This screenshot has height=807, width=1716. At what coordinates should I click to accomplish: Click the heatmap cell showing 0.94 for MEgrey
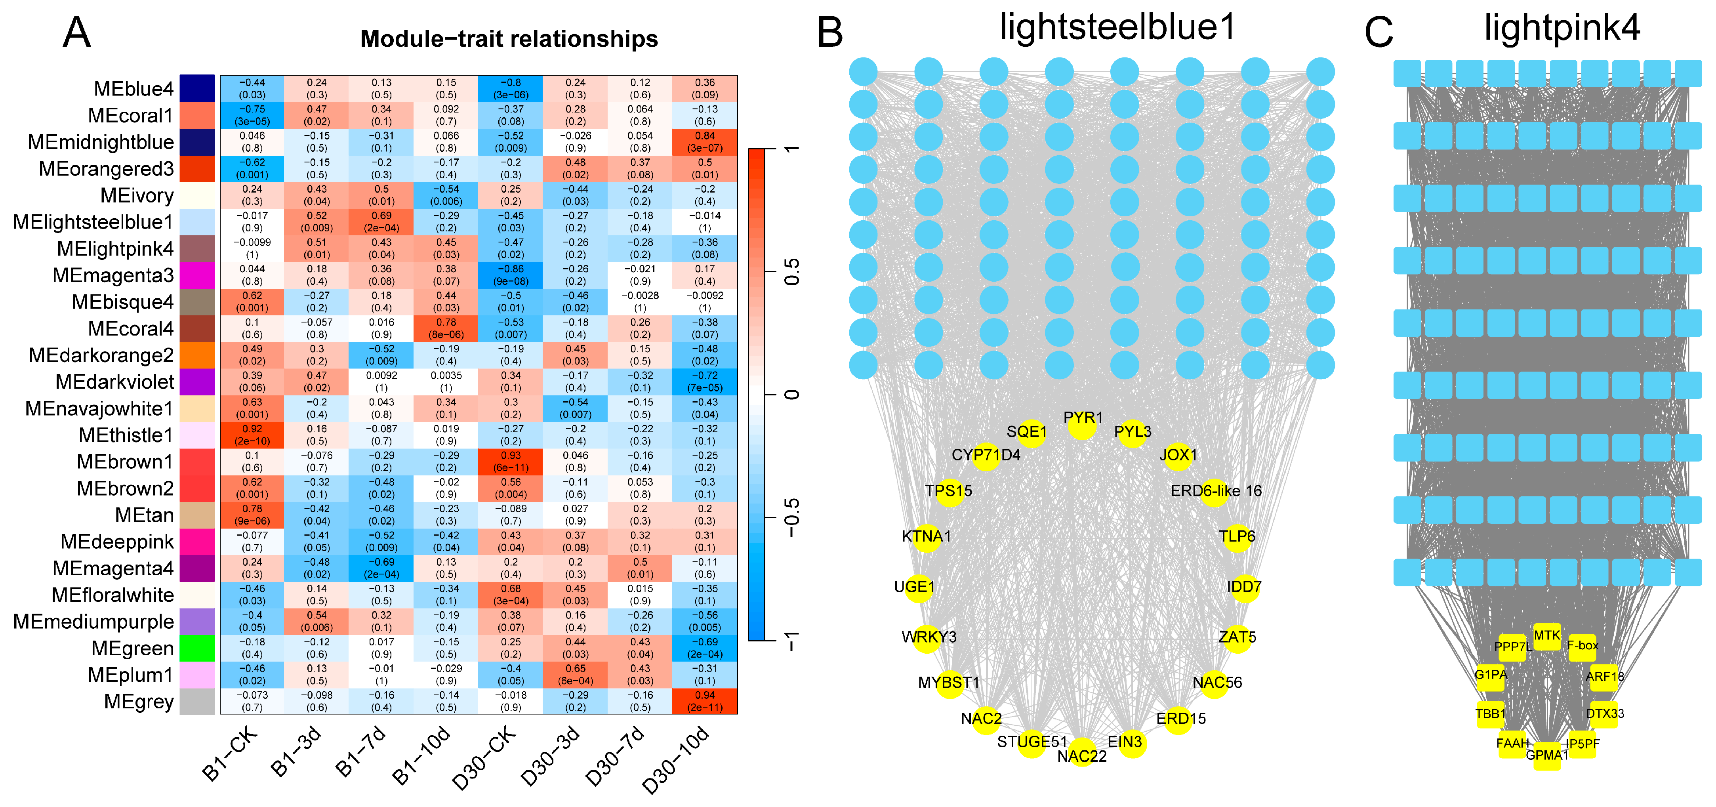pos(704,701)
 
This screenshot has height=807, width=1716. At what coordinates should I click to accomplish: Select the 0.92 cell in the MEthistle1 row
pos(252,435)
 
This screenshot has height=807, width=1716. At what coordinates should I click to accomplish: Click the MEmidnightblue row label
pos(101,142)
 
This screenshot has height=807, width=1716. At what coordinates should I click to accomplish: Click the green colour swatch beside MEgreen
pos(197,648)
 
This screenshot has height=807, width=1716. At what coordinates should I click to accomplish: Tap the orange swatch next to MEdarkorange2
pos(197,355)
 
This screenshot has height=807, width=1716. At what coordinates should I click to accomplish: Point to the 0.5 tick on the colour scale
pos(791,272)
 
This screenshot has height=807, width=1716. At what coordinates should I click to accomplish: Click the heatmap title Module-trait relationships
pos(509,39)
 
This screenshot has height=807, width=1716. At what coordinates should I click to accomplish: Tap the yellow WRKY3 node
pos(927,638)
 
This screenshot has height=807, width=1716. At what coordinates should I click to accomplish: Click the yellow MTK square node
pos(1547,636)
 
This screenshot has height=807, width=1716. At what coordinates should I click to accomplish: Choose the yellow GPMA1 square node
pos(1547,755)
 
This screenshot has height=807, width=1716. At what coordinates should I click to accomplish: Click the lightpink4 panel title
pos(1562,28)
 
